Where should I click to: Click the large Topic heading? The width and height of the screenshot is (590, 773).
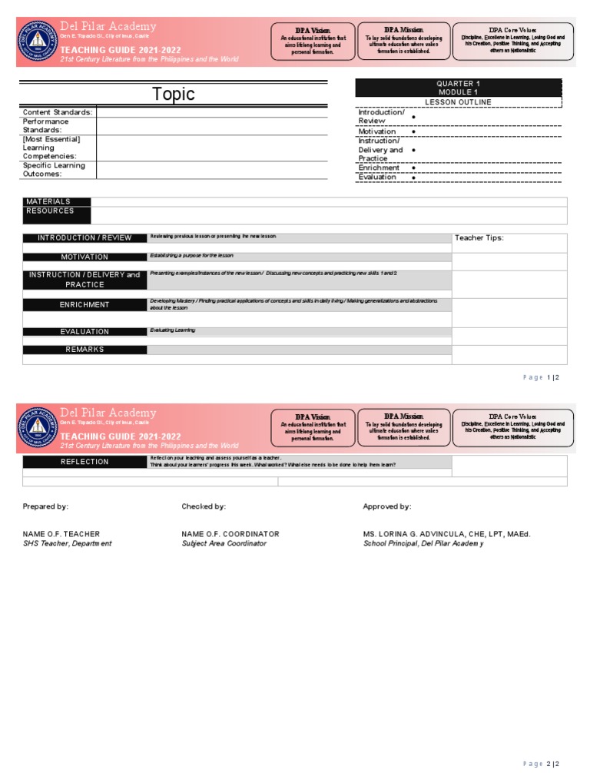coord(173,95)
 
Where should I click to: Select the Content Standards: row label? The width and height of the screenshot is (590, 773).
coord(58,112)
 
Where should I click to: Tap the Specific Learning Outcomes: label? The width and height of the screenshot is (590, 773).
coord(54,170)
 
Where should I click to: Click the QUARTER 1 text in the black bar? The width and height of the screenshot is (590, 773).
coord(458,84)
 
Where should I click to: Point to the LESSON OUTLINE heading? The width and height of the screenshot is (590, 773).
coord(458,102)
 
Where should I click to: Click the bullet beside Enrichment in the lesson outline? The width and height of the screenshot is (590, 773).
coord(414,168)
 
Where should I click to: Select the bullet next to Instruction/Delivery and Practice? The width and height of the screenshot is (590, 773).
coord(414,151)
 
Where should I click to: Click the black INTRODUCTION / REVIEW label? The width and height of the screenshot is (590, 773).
coord(85,238)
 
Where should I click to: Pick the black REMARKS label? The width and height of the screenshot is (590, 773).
coord(85,350)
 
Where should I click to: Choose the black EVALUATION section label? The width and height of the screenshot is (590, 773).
coord(85,332)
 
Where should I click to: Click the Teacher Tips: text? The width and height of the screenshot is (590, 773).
coord(479,238)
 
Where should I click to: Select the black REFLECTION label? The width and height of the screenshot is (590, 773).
coord(85,462)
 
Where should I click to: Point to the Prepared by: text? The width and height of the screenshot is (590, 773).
coord(45,506)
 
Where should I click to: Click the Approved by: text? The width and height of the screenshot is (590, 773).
coord(386,506)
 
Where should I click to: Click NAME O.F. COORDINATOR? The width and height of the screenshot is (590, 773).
coord(230,534)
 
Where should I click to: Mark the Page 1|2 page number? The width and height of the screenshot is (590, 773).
coord(542,377)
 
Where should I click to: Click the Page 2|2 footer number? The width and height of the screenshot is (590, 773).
coord(542,764)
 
